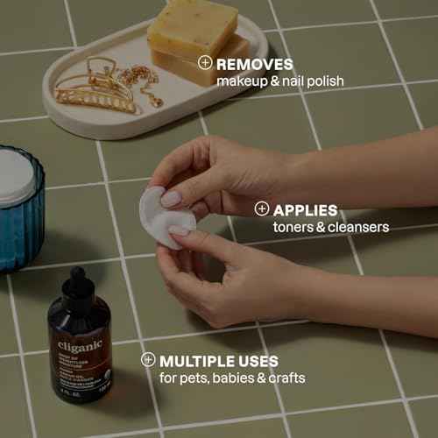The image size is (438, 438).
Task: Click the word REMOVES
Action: coord(255,64)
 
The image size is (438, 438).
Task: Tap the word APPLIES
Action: coord(306,210)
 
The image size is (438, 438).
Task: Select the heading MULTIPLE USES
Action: coord(220,361)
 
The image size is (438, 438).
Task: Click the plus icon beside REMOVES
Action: coord(204,63)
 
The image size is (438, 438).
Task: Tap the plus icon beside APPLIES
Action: coord(261,209)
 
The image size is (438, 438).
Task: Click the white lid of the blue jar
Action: coord(17,173)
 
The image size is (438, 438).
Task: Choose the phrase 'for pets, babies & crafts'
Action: coord(232,378)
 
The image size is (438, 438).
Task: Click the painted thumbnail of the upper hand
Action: coord(171,199)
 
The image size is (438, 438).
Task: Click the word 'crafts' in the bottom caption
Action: coord(286,378)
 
